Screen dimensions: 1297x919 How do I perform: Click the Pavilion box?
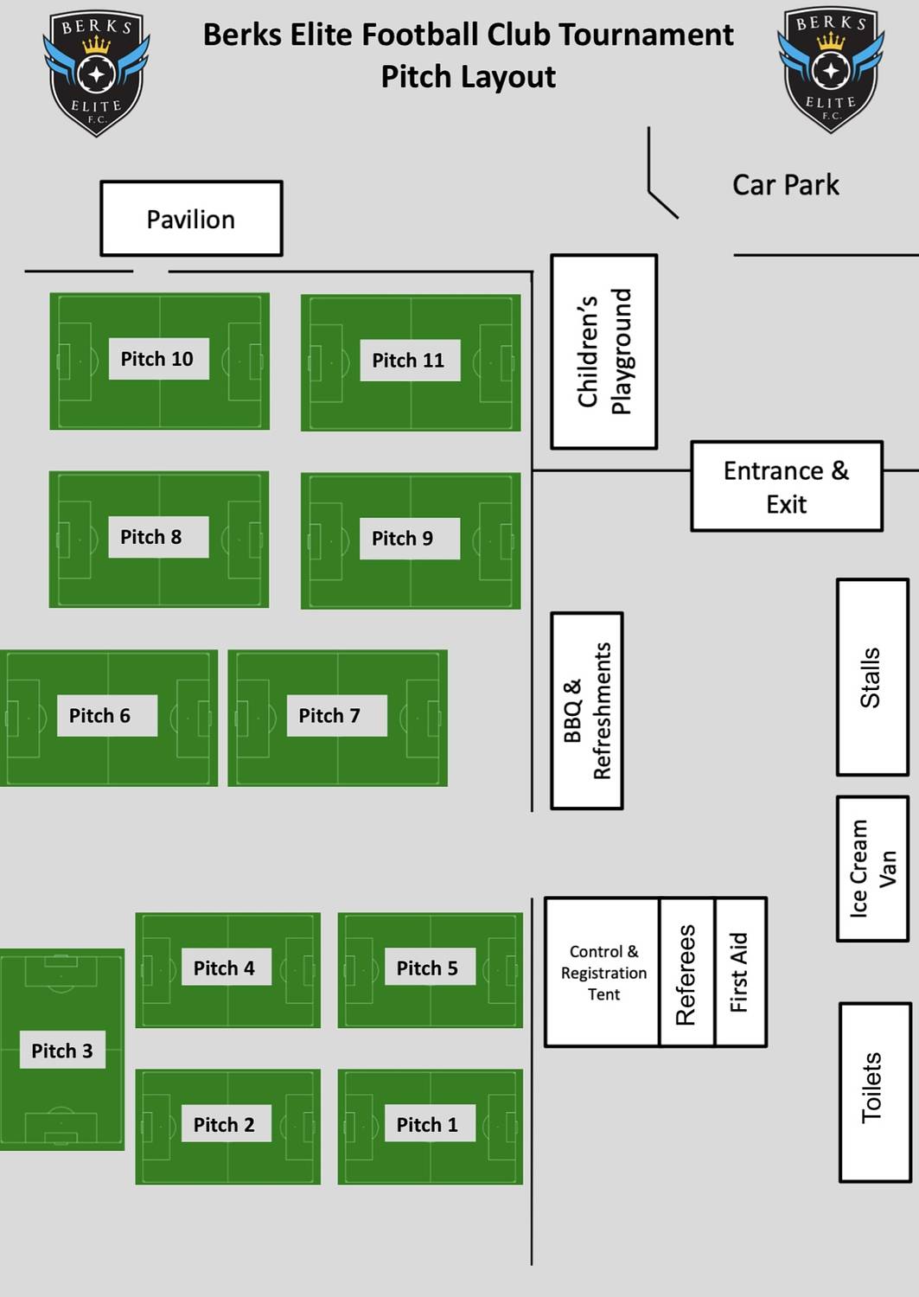tap(191, 219)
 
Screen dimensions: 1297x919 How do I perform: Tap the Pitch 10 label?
tap(158, 359)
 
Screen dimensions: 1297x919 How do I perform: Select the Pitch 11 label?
tap(409, 361)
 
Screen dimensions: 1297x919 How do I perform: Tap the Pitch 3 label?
tap(62, 1051)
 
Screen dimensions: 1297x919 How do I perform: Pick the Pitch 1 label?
tap(427, 1124)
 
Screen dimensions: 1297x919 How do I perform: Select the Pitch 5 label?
tap(427, 968)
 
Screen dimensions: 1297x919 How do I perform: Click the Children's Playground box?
tap(604, 351)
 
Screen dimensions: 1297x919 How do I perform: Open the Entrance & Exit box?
tap(786, 487)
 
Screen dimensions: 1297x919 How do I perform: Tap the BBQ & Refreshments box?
tap(587, 711)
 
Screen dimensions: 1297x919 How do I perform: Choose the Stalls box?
tap(871, 677)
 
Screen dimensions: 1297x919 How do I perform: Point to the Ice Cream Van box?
tap(871, 868)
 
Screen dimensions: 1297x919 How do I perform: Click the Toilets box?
tap(874, 1091)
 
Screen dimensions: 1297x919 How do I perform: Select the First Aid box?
tap(740, 972)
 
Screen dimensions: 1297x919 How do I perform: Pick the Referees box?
tap(686, 972)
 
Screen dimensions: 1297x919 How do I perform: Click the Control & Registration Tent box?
tap(603, 972)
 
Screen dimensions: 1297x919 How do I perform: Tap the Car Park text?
tap(785, 185)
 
